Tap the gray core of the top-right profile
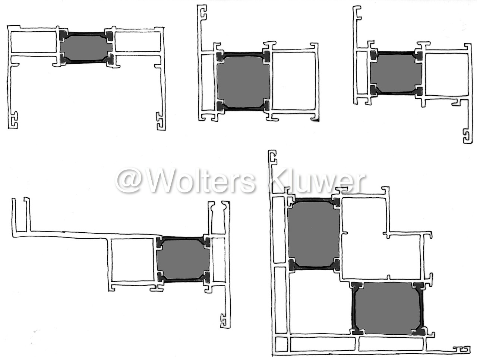point(396,73)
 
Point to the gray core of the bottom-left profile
point(182,259)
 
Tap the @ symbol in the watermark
point(129,181)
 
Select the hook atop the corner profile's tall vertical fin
point(273,157)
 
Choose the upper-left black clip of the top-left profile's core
point(64,36)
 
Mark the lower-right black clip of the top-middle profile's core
point(266,105)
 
